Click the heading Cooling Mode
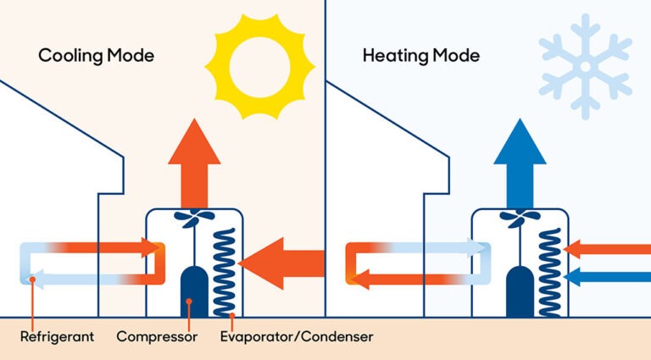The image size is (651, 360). click(x=96, y=57)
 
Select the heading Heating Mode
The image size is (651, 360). click(x=420, y=57)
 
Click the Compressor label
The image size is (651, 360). click(x=157, y=337)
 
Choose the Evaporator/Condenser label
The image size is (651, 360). click(x=296, y=337)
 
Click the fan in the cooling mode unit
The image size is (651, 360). click(x=194, y=219)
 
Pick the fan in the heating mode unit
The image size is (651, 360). click(x=519, y=219)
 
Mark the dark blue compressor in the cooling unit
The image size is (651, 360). click(x=194, y=292)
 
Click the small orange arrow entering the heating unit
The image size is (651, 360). click(x=606, y=249)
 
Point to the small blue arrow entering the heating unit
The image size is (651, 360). click(x=606, y=276)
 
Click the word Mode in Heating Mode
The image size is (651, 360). click(x=456, y=57)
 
